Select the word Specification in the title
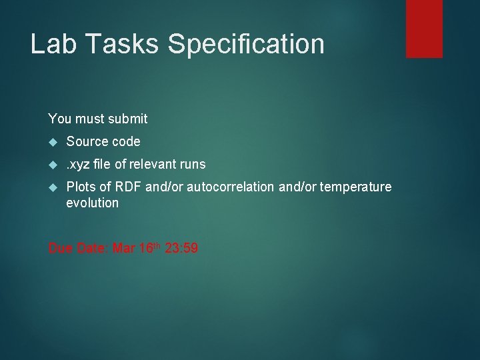point(246,45)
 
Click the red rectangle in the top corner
point(424,28)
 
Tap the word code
point(126,141)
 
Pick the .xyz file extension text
point(77,164)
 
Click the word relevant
point(151,164)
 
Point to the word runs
point(193,164)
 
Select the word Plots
point(80,187)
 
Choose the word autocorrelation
point(231,187)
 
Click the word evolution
point(92,203)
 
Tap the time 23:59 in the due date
point(181,249)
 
